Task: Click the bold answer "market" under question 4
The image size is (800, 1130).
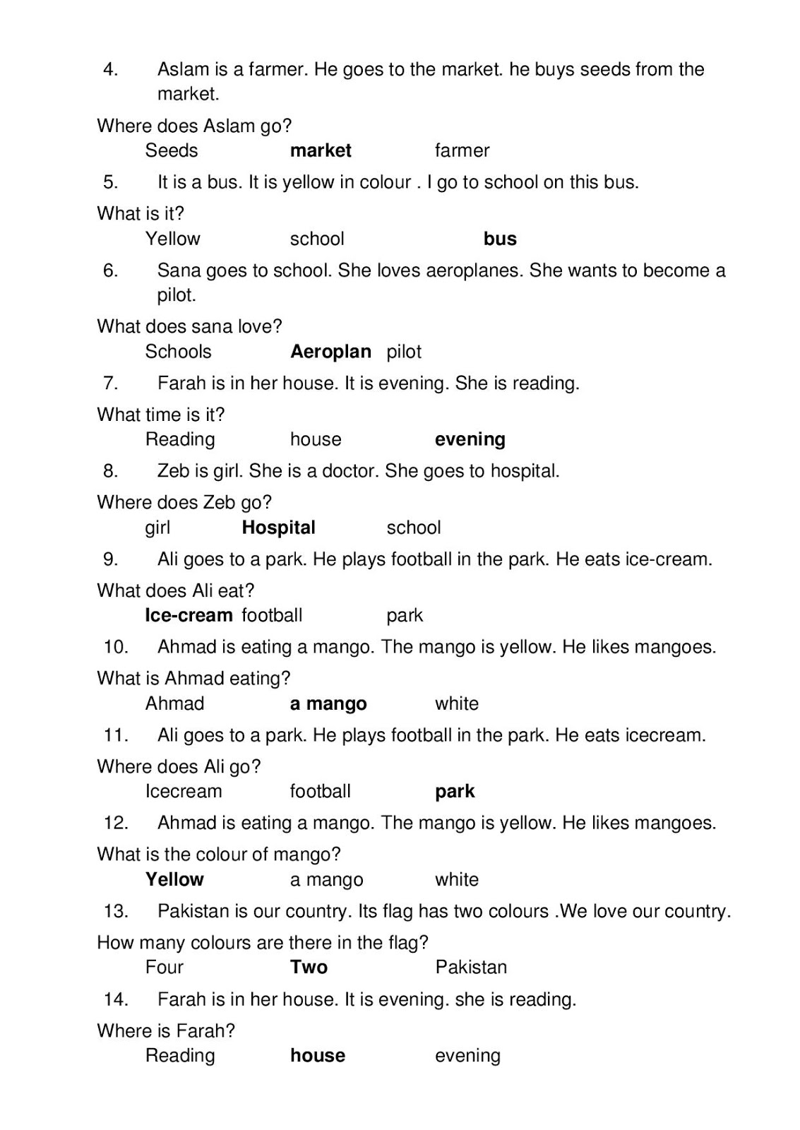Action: [321, 150]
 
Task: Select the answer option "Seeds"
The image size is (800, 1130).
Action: [172, 150]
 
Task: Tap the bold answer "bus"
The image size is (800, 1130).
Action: [500, 239]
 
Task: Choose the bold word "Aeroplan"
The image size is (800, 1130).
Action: [330, 352]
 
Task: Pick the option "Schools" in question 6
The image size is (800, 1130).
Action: [178, 352]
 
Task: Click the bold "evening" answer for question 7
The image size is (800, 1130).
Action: [470, 439]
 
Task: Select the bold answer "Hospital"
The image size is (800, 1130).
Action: [278, 528]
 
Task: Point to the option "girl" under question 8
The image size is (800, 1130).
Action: [157, 528]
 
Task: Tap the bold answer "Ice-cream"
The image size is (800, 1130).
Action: [189, 615]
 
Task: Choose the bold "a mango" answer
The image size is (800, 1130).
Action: [328, 704]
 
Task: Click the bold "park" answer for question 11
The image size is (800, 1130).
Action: [455, 792]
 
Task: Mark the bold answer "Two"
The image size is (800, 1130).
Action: [309, 967]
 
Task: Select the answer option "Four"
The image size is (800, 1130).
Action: [164, 967]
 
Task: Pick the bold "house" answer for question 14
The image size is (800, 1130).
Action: [318, 1055]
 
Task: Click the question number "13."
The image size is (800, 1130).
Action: [116, 911]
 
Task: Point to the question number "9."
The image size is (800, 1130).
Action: [111, 559]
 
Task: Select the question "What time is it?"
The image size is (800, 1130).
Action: [160, 415]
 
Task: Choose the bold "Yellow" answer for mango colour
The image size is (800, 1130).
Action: [174, 879]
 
